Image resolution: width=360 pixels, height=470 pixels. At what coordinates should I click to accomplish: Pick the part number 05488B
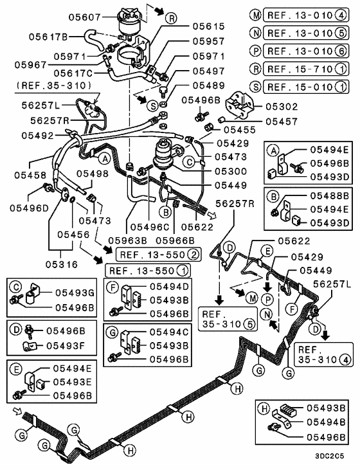click(330, 195)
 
